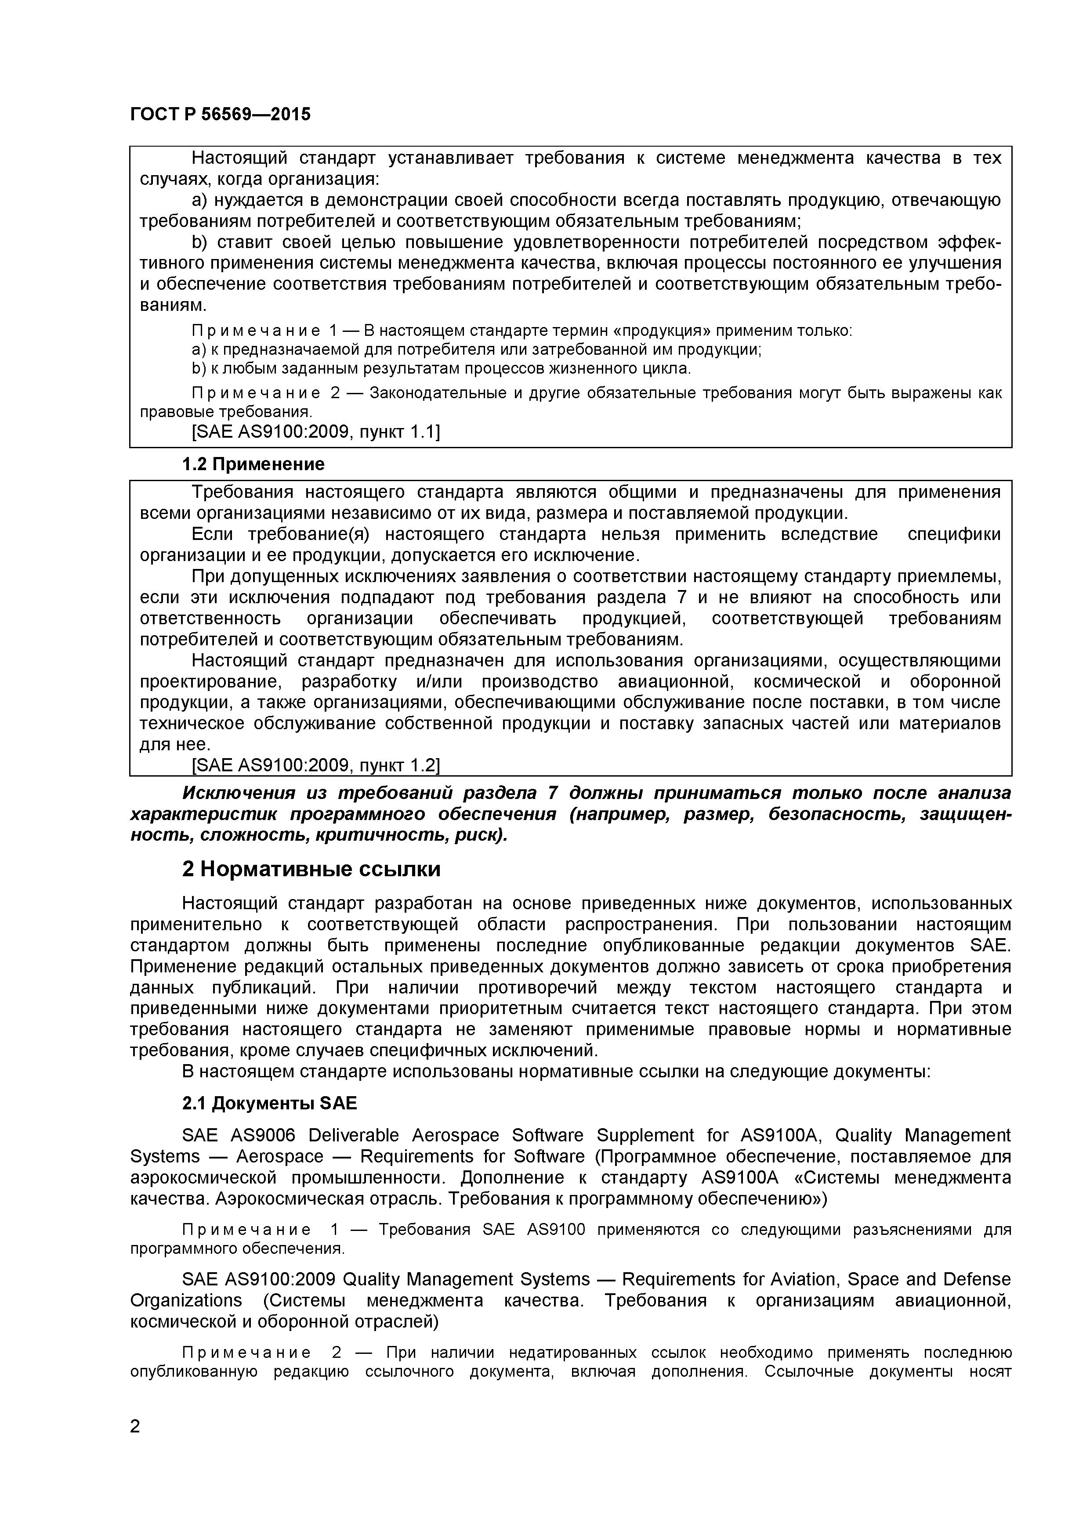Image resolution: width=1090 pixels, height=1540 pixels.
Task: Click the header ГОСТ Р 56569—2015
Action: [x=220, y=115]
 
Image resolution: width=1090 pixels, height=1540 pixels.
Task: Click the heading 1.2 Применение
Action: [x=253, y=464]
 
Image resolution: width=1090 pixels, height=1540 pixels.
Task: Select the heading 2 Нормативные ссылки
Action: [x=311, y=869]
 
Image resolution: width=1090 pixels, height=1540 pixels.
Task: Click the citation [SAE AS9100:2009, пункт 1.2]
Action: [x=315, y=765]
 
